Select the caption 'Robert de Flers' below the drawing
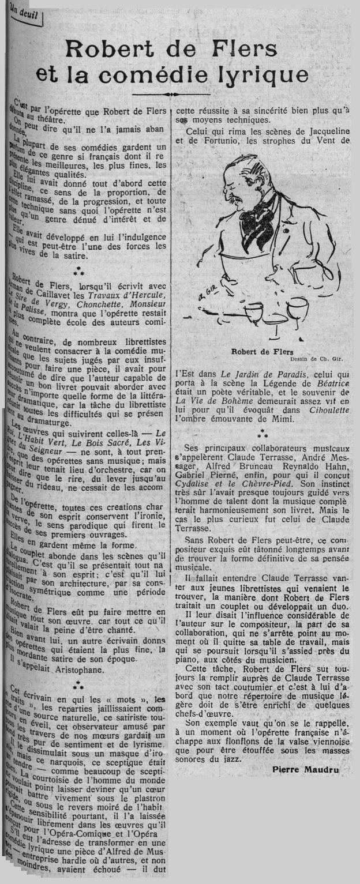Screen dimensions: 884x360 click(262, 351)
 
